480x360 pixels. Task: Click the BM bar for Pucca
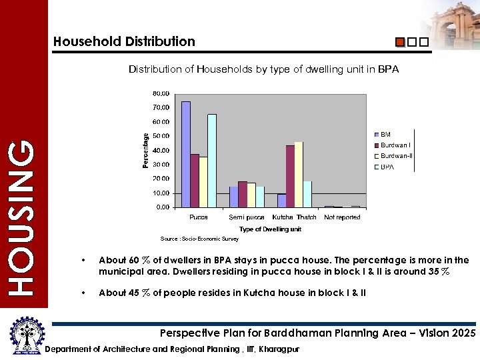point(186,154)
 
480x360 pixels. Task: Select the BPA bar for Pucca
point(212,161)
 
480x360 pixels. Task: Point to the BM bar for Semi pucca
point(233,197)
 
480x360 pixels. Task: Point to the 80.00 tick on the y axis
point(161,93)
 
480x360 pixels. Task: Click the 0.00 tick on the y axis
point(162,207)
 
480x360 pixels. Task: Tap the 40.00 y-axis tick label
point(161,150)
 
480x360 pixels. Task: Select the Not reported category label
point(342,217)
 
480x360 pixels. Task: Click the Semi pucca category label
point(247,217)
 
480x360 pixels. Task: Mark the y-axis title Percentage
point(146,150)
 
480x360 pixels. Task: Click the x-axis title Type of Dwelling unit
point(270,229)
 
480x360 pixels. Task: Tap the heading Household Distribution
point(124,41)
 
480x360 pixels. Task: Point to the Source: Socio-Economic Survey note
point(190,239)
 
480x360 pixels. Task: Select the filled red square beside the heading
point(400,42)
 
